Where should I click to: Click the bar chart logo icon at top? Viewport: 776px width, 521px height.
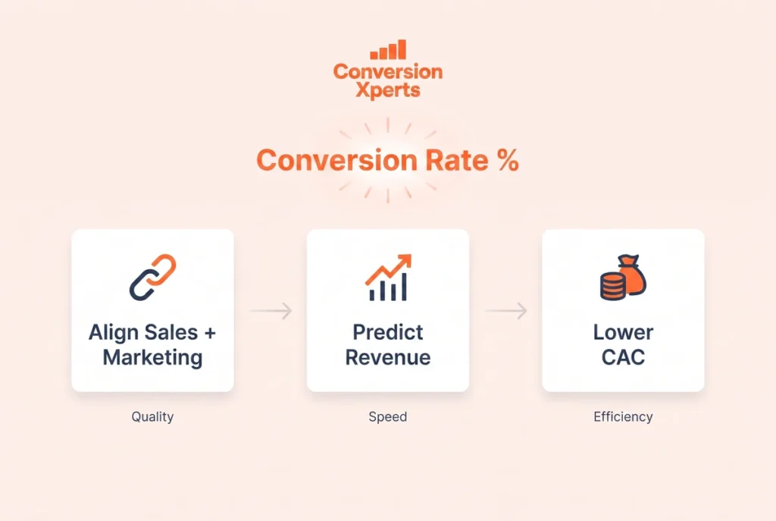[388, 49]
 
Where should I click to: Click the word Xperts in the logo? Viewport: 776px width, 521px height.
[388, 91]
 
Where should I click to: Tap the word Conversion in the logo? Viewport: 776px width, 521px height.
[388, 71]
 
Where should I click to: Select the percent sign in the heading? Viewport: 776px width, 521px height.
[508, 160]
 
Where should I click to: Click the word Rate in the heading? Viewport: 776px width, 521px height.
[457, 160]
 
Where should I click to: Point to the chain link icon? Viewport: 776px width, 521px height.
[152, 278]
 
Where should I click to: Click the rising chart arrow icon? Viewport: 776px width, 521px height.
[388, 278]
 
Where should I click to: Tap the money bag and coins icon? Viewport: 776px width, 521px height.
[623, 278]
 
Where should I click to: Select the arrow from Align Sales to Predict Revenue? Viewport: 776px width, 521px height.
[271, 310]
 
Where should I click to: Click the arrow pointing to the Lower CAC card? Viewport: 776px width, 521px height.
[505, 310]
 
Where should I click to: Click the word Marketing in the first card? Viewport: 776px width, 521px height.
[152, 357]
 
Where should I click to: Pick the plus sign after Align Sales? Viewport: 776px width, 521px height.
[210, 333]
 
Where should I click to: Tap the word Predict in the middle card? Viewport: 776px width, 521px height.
[388, 332]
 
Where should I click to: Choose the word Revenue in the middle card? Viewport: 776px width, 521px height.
[388, 357]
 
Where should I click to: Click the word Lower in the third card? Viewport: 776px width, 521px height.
[623, 332]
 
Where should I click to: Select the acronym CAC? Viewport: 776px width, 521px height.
[623, 357]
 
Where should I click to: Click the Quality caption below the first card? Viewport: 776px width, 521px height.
[152, 417]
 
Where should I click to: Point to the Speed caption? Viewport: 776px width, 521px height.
[388, 417]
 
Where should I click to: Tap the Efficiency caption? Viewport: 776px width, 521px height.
[623, 417]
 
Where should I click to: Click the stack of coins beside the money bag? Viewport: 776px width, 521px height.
[612, 287]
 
